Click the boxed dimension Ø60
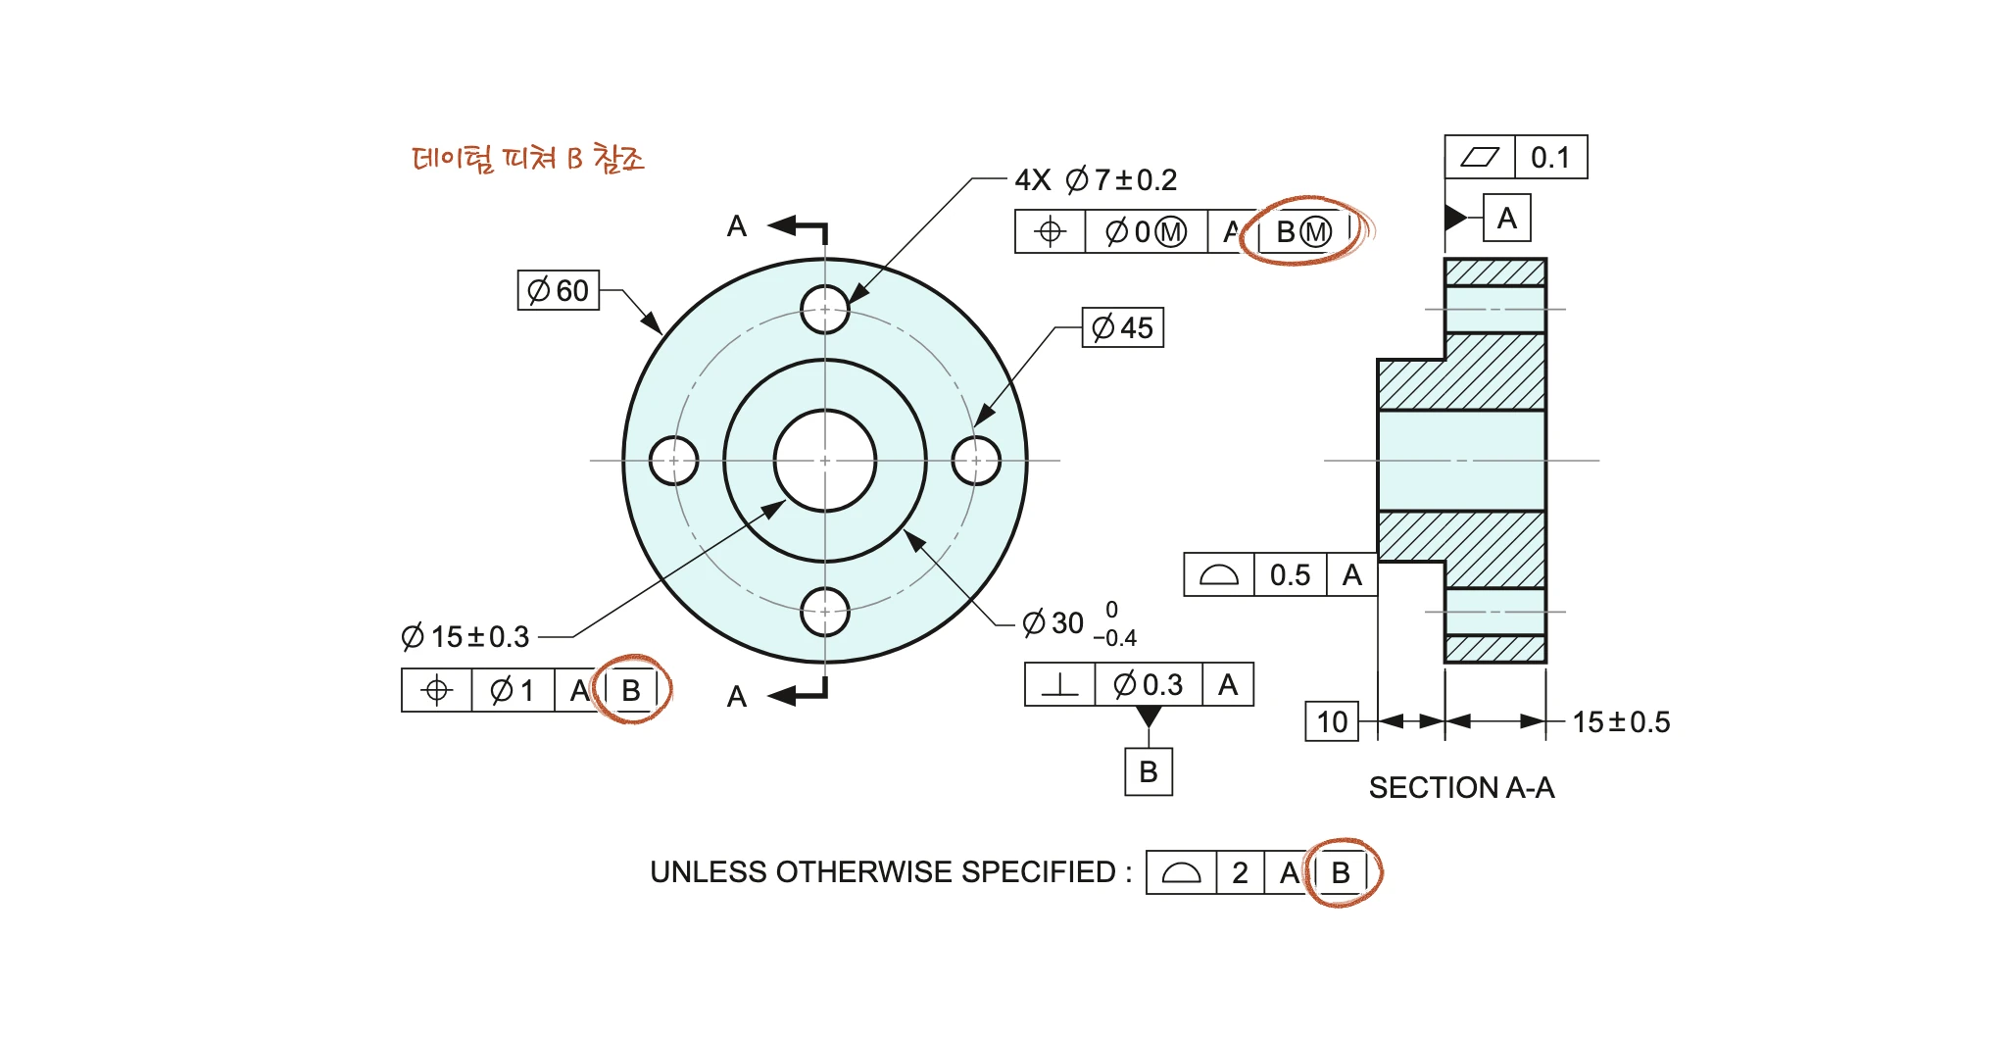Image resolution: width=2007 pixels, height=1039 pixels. click(x=559, y=290)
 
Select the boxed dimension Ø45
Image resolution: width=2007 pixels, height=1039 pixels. click(x=1123, y=327)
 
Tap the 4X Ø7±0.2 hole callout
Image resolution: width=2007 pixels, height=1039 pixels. click(x=1096, y=180)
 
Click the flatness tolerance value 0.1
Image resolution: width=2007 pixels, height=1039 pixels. click(x=1550, y=158)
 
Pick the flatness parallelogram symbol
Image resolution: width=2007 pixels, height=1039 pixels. click(x=1480, y=158)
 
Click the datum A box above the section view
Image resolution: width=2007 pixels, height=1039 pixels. click(x=1507, y=218)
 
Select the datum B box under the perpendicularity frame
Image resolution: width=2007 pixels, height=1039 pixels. click(x=1149, y=771)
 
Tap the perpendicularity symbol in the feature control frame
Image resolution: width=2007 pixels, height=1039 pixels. click(x=1059, y=684)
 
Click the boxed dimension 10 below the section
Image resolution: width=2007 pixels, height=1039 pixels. click(x=1332, y=721)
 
